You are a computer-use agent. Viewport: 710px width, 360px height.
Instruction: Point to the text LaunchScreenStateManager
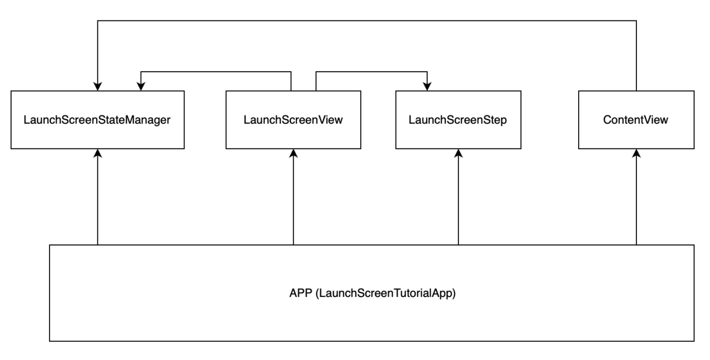coord(97,120)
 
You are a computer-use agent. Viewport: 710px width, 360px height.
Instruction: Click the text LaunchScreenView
coord(293,120)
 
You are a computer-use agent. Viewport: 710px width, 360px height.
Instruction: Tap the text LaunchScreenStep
coord(458,120)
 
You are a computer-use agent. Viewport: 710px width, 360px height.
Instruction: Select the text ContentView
coord(636,120)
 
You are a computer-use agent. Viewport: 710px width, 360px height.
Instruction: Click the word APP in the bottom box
coord(301,293)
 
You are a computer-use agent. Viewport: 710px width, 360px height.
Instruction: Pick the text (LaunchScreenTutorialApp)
coord(386,293)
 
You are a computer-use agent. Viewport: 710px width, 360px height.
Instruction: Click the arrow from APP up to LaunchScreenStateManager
coord(98,197)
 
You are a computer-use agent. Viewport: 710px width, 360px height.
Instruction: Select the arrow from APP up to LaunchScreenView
coord(294,197)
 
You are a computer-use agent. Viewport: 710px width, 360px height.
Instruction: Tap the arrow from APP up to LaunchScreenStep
coord(458,197)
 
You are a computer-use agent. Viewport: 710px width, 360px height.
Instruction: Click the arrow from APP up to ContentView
coord(636,197)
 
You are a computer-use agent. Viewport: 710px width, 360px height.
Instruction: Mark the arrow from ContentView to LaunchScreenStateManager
coord(367,20)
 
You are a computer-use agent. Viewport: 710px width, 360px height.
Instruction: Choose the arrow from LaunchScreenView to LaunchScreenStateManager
coord(216,72)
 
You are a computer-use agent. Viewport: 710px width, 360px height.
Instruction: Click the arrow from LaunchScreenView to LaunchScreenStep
coord(372,72)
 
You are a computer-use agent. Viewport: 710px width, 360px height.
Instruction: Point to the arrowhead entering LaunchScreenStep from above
coord(427,86)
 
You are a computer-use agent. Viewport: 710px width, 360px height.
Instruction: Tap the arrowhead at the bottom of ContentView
coord(636,153)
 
